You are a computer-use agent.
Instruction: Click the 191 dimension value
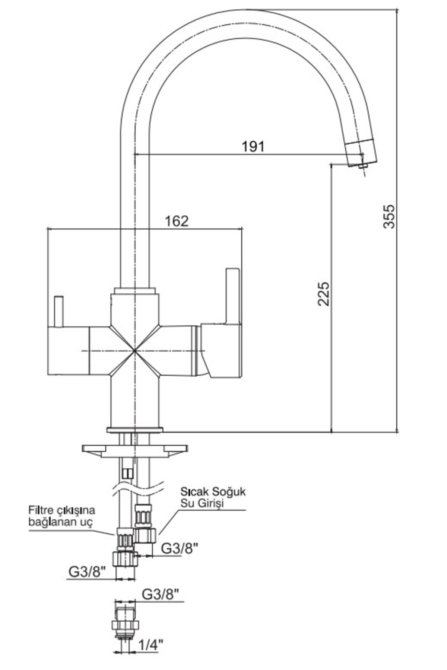[x=253, y=146]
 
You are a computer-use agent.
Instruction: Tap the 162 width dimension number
[x=177, y=221]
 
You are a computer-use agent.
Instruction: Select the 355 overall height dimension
[x=389, y=216]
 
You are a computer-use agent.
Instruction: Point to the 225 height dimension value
[x=324, y=294]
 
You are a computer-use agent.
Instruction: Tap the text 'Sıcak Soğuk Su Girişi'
[x=213, y=497]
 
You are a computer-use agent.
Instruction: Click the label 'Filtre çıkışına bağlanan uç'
[x=62, y=516]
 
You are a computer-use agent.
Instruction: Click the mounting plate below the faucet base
[x=135, y=451]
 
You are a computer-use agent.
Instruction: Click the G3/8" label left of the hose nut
[x=88, y=571]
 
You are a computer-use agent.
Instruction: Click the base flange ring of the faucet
[x=134, y=430]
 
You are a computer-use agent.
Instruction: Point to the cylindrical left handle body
[x=69, y=351]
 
